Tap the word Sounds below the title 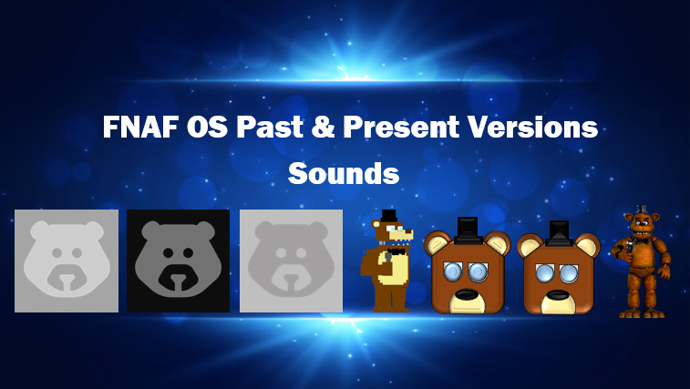point(344,173)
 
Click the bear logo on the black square point(178,261)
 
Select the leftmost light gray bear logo point(67,261)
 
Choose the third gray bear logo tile point(291,261)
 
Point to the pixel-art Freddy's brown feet point(389,306)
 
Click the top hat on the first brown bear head point(468,227)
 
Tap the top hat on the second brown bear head point(559,230)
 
